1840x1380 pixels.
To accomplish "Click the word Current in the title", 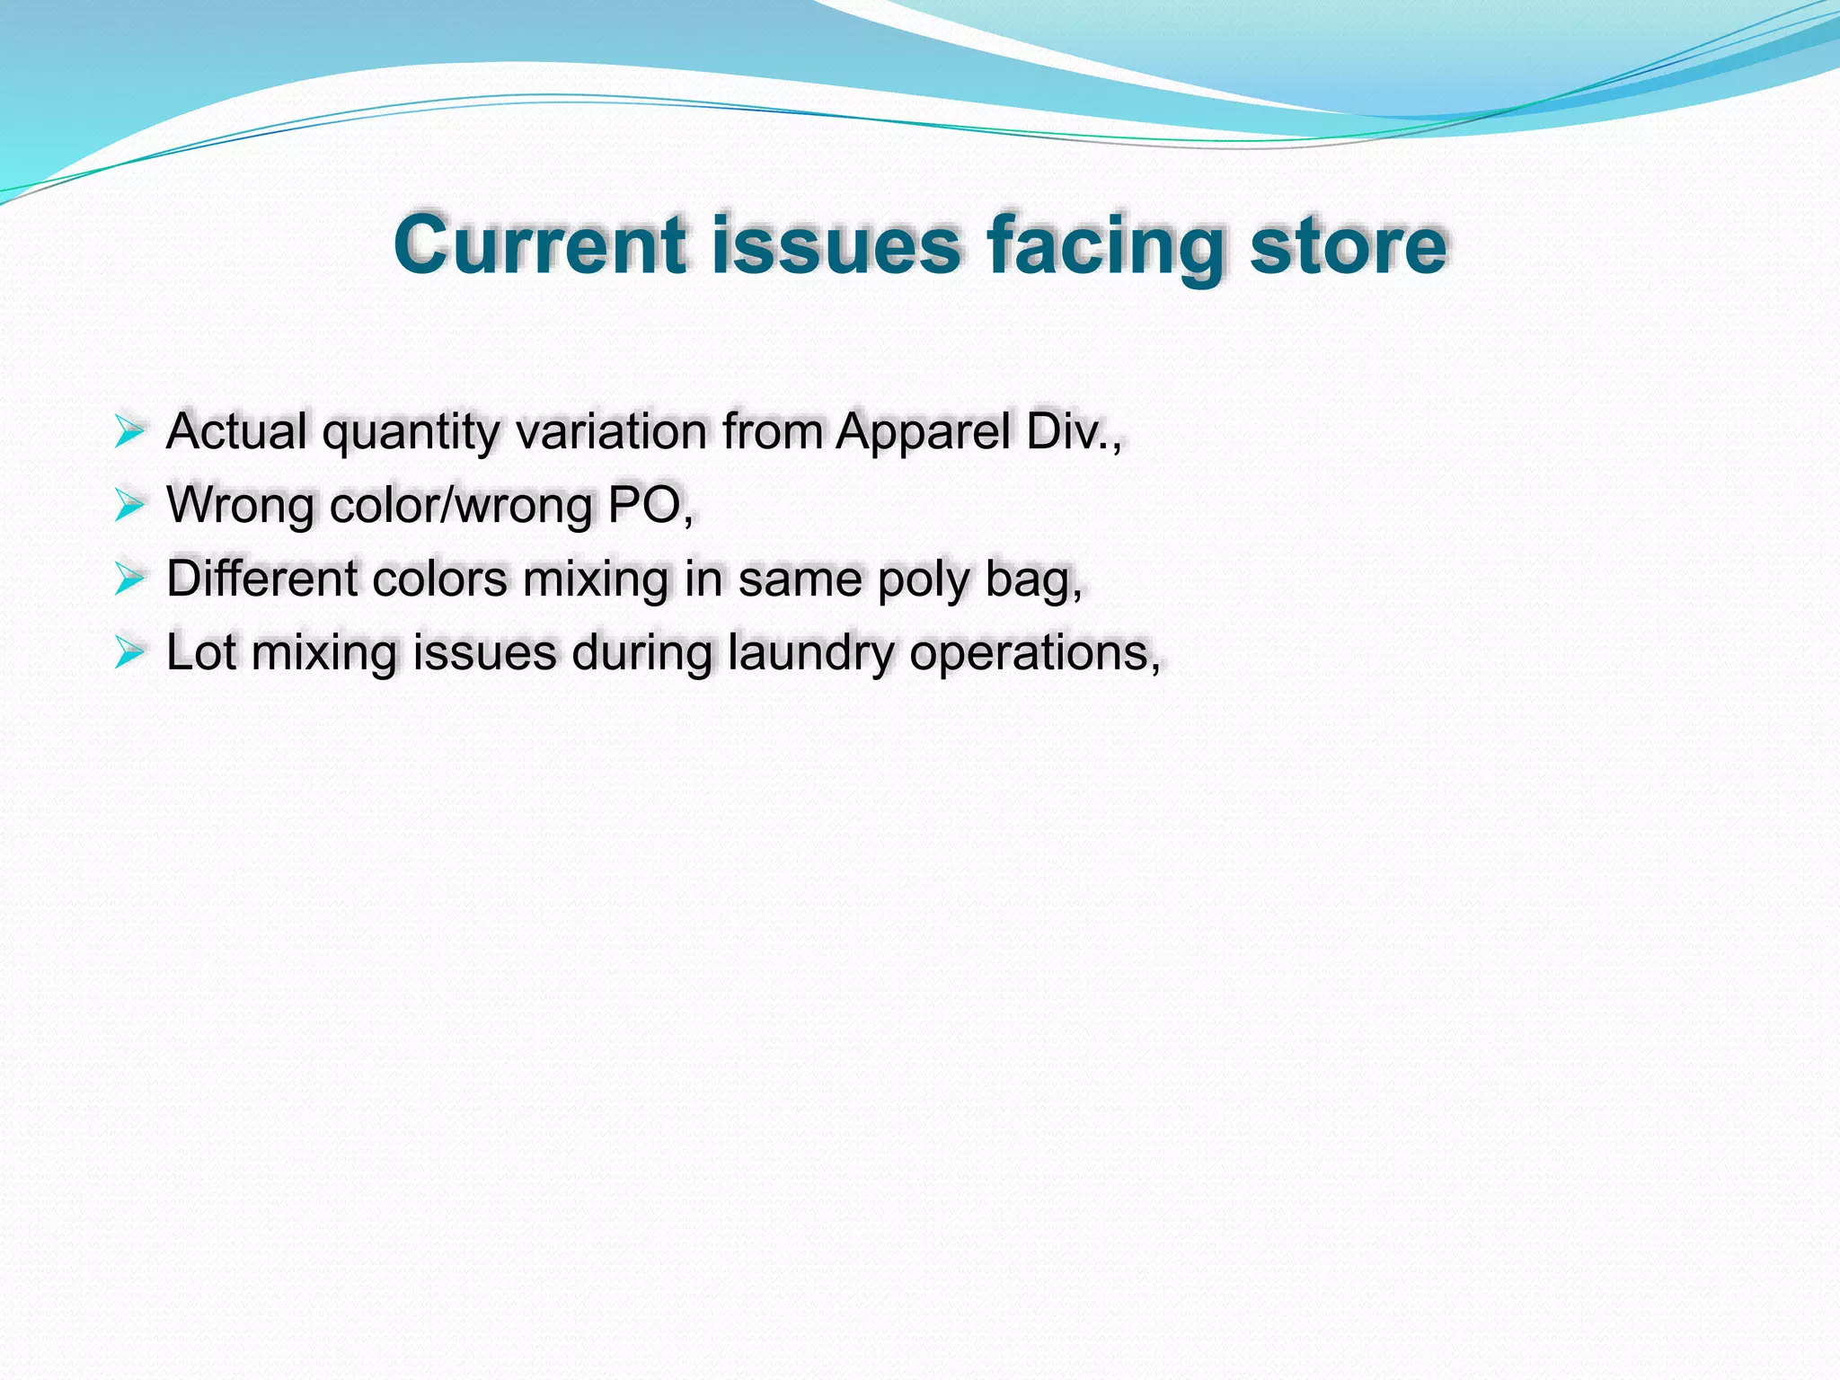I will click(x=540, y=244).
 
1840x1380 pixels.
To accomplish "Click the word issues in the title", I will click(x=836, y=244).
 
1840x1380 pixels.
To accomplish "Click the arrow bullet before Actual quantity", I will click(x=129, y=432).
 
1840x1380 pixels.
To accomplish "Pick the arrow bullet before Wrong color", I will click(x=129, y=506).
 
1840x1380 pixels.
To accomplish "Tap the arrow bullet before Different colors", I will click(x=129, y=579).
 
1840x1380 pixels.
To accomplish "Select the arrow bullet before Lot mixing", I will click(x=129, y=653).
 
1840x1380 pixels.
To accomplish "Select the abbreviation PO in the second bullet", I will click(x=644, y=506).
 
